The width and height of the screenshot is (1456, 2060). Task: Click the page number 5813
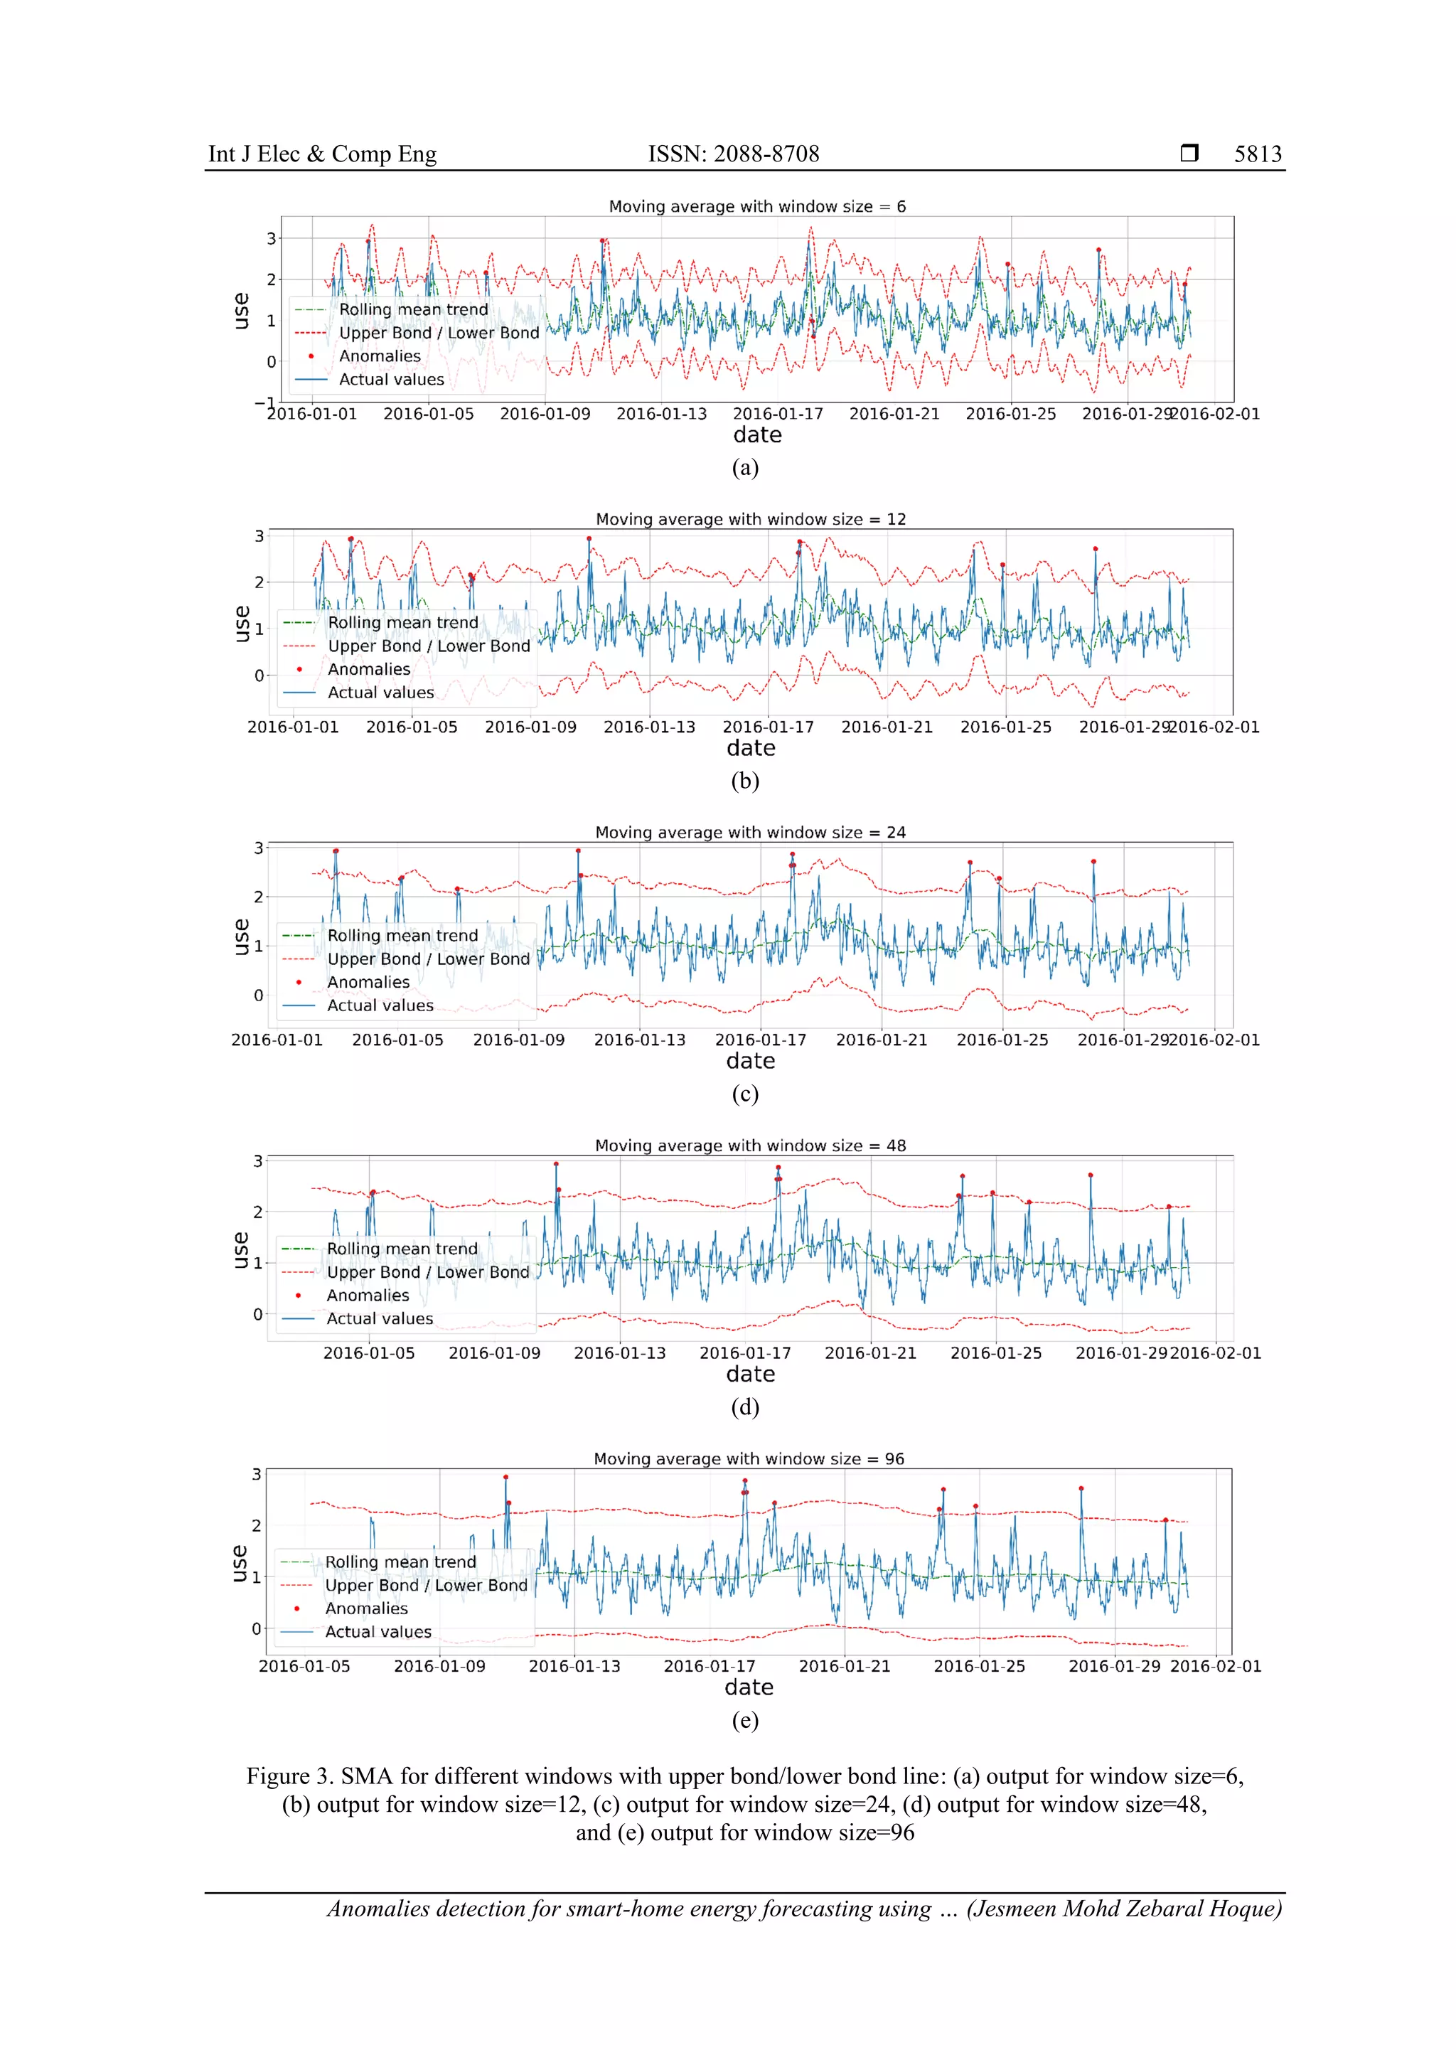[x=1257, y=154]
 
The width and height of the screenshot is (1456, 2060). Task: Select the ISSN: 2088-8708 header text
[x=733, y=154]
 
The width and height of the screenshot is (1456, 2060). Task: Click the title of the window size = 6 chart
[x=757, y=206]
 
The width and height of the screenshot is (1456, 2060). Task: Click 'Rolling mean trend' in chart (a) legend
[x=414, y=309]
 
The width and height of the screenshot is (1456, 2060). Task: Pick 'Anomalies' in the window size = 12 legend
[x=369, y=669]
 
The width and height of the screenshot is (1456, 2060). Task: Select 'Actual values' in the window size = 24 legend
[x=380, y=1005]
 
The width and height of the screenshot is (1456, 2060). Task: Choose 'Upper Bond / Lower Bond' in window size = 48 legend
[x=428, y=1272]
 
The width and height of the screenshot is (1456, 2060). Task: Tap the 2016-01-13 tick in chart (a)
[x=661, y=415]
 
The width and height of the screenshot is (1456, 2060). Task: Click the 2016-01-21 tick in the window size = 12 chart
[x=887, y=727]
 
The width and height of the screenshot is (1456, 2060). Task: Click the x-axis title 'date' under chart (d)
[x=750, y=1375]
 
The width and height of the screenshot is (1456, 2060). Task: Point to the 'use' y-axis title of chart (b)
[x=241, y=624]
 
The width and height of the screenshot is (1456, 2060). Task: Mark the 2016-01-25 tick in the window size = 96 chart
[x=979, y=1667]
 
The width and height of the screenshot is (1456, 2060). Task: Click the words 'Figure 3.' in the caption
[x=290, y=1776]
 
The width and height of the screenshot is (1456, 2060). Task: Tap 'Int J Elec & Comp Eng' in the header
[x=322, y=154]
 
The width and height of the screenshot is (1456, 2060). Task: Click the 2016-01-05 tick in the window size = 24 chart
[x=397, y=1041]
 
